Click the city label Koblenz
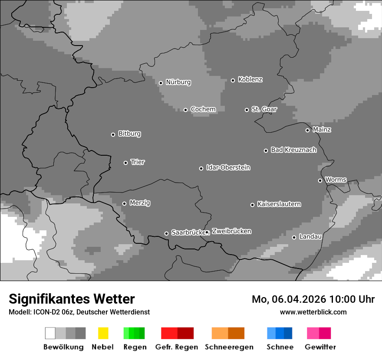coord(250,80)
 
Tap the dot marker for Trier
coord(126,163)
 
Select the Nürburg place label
coord(178,82)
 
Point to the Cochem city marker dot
coord(185,110)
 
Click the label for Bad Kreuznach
coord(293,150)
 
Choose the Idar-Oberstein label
coord(228,168)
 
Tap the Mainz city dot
coord(307,130)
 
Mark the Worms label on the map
coord(336,180)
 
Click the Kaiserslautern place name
coord(279,204)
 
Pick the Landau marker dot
coord(294,237)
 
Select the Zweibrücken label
coord(231,232)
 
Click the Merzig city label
coord(140,203)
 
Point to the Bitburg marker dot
coord(113,134)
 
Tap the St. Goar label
coord(264,109)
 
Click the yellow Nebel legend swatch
coord(103,333)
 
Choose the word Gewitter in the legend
coord(320,347)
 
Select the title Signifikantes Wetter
coord(72,299)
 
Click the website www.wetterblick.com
coord(313,312)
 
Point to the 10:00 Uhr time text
coord(352,299)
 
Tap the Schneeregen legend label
coord(229,347)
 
